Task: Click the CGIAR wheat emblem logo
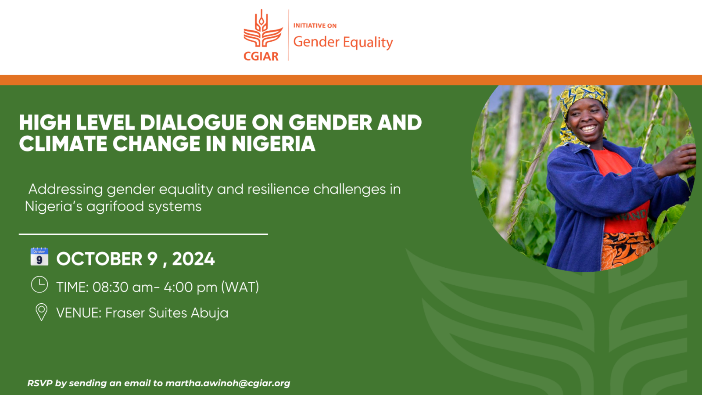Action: (x=262, y=30)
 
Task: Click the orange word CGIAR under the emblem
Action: (x=261, y=56)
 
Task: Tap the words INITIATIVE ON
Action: (x=315, y=26)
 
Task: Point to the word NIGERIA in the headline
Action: (x=273, y=144)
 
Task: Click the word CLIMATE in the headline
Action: (x=63, y=144)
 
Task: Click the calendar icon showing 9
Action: (x=39, y=257)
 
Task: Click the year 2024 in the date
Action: (x=193, y=259)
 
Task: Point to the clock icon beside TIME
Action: (x=39, y=285)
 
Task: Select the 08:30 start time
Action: (x=111, y=287)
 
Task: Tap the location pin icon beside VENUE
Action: (x=41, y=312)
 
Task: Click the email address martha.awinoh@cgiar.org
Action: (x=228, y=383)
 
